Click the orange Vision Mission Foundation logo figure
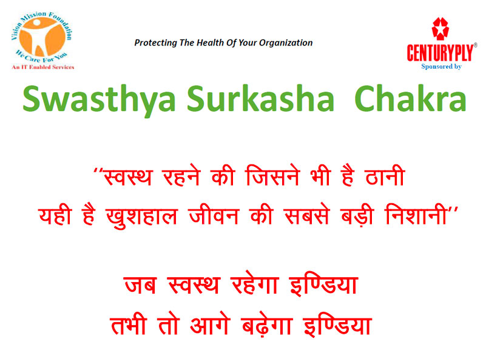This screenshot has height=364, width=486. pyautogui.click(x=42, y=36)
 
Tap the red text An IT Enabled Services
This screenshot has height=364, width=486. pyautogui.click(x=43, y=67)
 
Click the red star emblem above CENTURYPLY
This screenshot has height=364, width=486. pyautogui.click(x=440, y=29)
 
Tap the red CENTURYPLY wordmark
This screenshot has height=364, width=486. pyautogui.click(x=440, y=53)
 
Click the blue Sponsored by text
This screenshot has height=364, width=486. pyautogui.click(x=441, y=66)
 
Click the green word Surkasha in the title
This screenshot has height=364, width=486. pyautogui.click(x=261, y=98)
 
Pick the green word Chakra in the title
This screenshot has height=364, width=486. pyautogui.click(x=410, y=98)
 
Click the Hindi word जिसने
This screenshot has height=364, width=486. pyautogui.click(x=273, y=175)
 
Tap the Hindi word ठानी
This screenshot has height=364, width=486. pyautogui.click(x=385, y=175)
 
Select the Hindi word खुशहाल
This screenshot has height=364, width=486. pyautogui.click(x=141, y=216)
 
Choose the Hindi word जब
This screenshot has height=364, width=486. pyautogui.click(x=140, y=285)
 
